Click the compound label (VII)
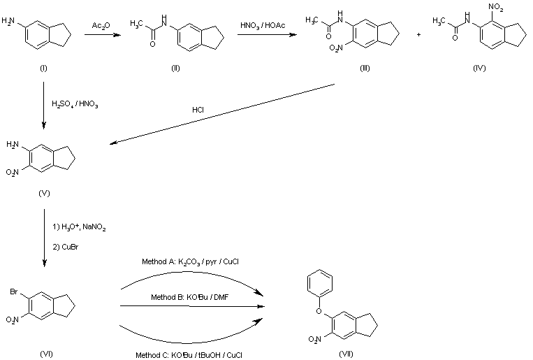point(346,354)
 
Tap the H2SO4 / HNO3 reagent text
point(75,104)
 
